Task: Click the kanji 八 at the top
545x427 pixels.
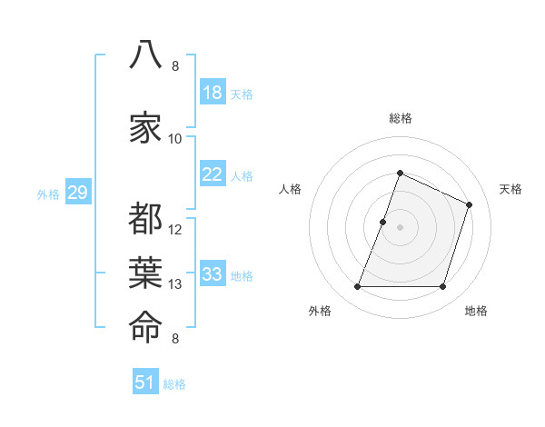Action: click(145, 55)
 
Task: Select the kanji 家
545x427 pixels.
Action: click(145, 127)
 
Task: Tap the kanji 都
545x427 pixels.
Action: click(145, 218)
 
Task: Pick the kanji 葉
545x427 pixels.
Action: click(145, 273)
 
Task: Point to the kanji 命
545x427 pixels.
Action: click(145, 327)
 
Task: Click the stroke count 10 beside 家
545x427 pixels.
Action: click(174, 139)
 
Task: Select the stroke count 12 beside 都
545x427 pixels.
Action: click(174, 230)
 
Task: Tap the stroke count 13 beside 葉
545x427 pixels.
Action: click(174, 284)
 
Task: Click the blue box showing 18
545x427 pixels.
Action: click(213, 92)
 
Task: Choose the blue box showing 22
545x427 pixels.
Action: click(213, 174)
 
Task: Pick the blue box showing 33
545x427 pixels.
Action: click(213, 273)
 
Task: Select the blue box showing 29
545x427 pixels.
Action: click(78, 192)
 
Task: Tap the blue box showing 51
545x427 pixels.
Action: click(145, 381)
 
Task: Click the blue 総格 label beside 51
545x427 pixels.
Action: click(174, 384)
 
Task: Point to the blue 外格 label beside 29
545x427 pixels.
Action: click(48, 194)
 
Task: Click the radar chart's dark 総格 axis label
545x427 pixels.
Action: click(401, 118)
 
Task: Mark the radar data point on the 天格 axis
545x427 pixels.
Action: click(469, 204)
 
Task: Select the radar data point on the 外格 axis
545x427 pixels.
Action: click(357, 286)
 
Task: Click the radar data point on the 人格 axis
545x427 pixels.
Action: click(382, 223)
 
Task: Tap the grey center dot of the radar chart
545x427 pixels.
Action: click(400, 227)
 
